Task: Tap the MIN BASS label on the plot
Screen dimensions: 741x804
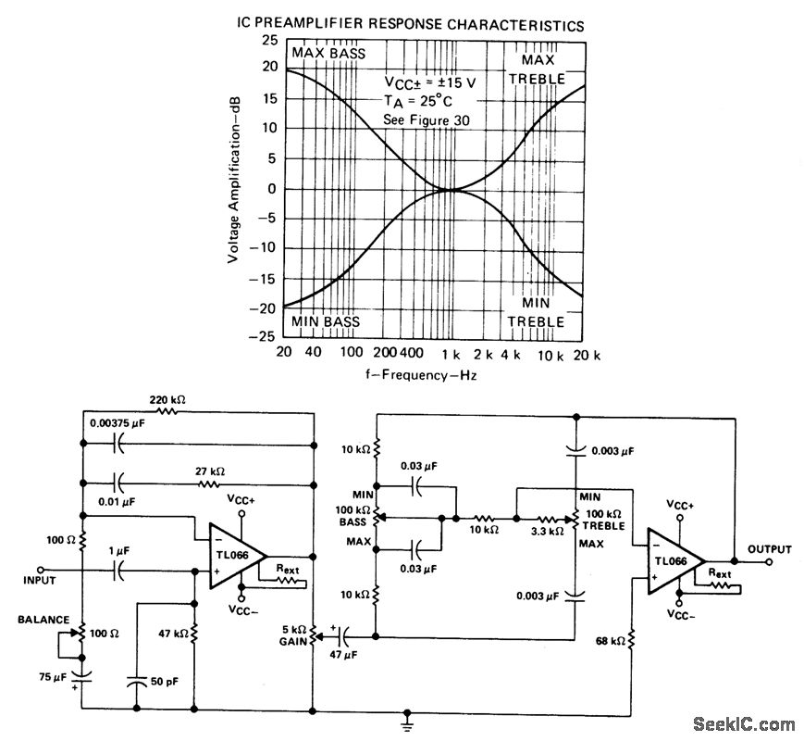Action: tap(326, 321)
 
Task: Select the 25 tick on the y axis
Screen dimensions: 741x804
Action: tap(269, 40)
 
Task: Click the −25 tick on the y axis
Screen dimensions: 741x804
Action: tap(266, 335)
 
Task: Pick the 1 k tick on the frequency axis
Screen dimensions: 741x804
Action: tap(451, 355)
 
